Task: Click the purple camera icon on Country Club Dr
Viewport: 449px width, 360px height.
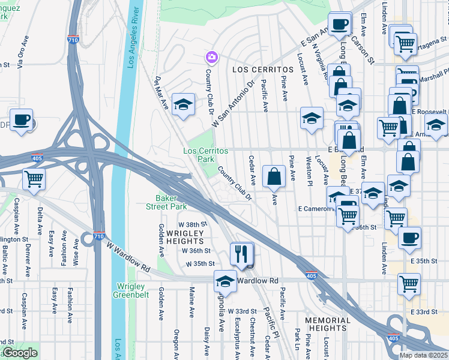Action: coord(211,58)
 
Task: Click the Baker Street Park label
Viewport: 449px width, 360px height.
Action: coord(171,202)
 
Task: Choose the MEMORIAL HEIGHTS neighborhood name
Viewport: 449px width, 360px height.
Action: coord(327,324)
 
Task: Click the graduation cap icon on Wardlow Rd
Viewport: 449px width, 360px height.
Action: coord(225,280)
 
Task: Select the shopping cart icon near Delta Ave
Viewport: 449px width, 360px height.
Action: coord(34,178)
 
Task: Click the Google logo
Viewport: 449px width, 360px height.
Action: coord(20,353)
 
